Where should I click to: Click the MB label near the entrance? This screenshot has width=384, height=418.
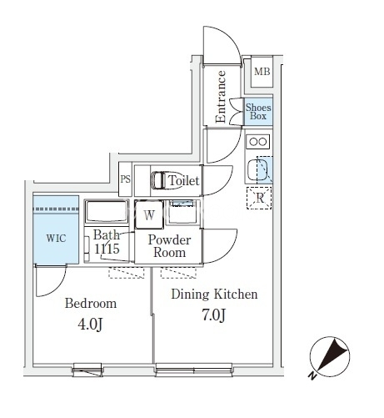[x=262, y=72]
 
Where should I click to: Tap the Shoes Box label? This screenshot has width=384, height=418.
[x=258, y=112]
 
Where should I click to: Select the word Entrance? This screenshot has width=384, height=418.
[x=221, y=97]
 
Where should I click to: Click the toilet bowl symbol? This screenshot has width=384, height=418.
[x=165, y=180]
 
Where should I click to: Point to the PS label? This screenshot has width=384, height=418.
[x=125, y=179]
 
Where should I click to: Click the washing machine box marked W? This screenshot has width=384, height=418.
[x=149, y=214]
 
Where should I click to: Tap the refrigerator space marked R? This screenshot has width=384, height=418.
[x=259, y=198]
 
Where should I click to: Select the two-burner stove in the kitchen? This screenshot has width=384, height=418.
[x=259, y=142]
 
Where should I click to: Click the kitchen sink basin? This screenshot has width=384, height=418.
[x=257, y=169]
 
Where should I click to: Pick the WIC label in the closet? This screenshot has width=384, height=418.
[x=56, y=239]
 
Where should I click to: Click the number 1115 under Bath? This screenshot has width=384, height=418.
[x=107, y=249]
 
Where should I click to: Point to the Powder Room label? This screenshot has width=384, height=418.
[x=169, y=246]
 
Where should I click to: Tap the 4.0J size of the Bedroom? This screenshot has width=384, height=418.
[x=91, y=325]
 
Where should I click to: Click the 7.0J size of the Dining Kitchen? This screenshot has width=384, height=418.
[x=213, y=315]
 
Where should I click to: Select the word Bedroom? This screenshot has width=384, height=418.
[x=91, y=304]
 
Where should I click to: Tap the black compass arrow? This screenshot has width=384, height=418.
[x=332, y=354]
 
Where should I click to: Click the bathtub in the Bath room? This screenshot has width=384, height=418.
[x=107, y=212]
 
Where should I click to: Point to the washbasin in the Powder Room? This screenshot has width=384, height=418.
[x=182, y=212]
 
